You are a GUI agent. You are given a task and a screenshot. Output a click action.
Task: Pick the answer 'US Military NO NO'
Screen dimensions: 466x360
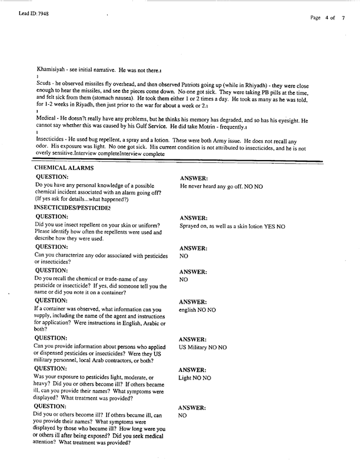pos(202,348)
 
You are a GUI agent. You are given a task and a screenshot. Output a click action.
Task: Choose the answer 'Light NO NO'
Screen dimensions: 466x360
pos(195,378)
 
